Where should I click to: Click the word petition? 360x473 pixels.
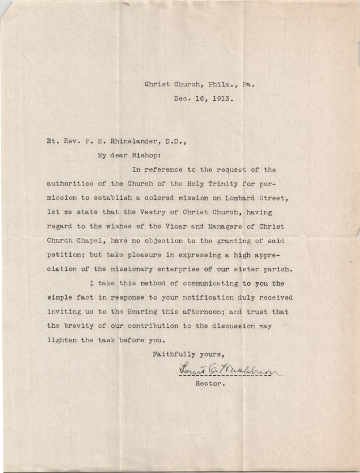[66, 255]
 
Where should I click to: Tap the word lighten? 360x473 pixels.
[62, 340]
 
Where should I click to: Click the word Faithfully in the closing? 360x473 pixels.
[173, 354]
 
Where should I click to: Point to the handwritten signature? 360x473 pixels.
[227, 369]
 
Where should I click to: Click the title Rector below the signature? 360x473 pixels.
[209, 383]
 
